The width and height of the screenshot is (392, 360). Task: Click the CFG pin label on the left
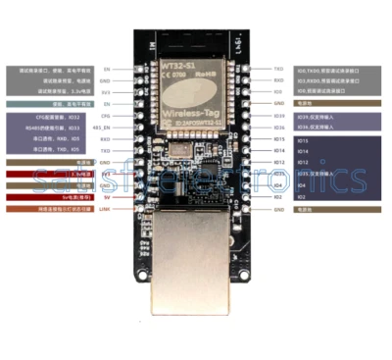click(x=106, y=116)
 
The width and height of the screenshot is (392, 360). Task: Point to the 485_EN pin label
click(x=102, y=128)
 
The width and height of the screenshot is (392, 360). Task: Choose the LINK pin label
click(x=105, y=208)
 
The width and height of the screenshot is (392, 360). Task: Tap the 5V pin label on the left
click(x=107, y=196)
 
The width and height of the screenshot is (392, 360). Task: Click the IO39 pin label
click(x=279, y=116)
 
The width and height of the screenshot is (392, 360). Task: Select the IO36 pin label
click(x=279, y=128)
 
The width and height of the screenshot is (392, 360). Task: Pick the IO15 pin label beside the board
click(x=279, y=139)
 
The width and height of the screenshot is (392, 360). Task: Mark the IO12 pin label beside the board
click(x=279, y=162)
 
